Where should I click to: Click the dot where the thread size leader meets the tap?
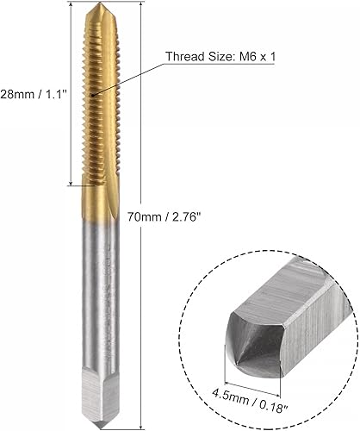(x=97, y=95)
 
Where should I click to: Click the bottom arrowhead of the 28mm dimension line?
(x=70, y=183)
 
